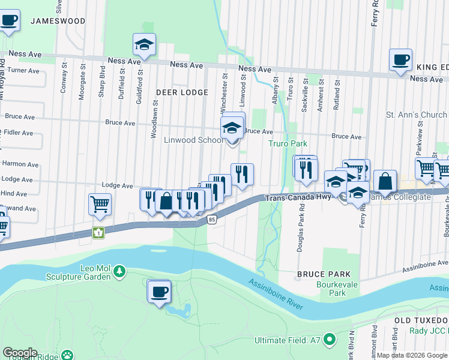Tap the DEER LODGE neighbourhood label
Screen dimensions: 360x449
[182, 92]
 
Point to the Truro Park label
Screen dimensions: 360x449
[288, 143]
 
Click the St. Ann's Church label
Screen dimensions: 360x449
[416, 115]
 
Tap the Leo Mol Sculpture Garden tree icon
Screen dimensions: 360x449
[120, 272]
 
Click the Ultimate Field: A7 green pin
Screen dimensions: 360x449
[330, 340]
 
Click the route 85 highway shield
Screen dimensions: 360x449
[212, 220]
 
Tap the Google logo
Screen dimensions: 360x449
[20, 353]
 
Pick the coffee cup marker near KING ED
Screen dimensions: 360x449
[400, 59]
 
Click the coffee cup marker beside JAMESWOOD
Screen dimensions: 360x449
[8, 20]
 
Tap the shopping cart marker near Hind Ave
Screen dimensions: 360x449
[100, 204]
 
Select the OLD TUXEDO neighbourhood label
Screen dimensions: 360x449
[421, 320]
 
